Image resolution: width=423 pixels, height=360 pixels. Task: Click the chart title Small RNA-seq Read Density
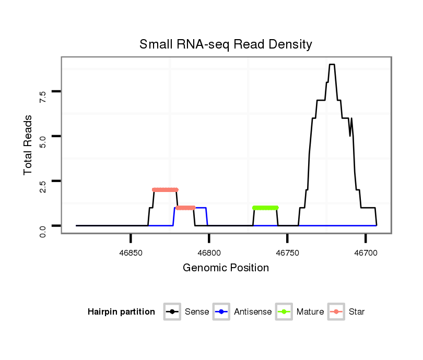coord(226,44)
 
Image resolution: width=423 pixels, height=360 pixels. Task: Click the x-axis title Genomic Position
coord(226,268)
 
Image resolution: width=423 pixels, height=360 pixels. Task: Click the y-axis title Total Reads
coord(28,145)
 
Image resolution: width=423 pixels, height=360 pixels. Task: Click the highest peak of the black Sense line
coord(332,65)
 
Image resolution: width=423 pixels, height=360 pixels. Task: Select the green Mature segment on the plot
coord(265,208)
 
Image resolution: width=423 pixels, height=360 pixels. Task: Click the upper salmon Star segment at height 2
coord(165,189)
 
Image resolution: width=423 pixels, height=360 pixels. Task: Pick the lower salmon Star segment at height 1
coord(185,208)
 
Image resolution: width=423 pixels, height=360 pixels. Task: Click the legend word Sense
coord(197,312)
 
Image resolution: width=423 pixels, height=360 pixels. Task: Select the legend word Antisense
coord(253,312)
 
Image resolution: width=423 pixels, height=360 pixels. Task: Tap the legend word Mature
coord(310,312)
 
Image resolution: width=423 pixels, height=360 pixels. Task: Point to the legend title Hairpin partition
coord(121,312)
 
